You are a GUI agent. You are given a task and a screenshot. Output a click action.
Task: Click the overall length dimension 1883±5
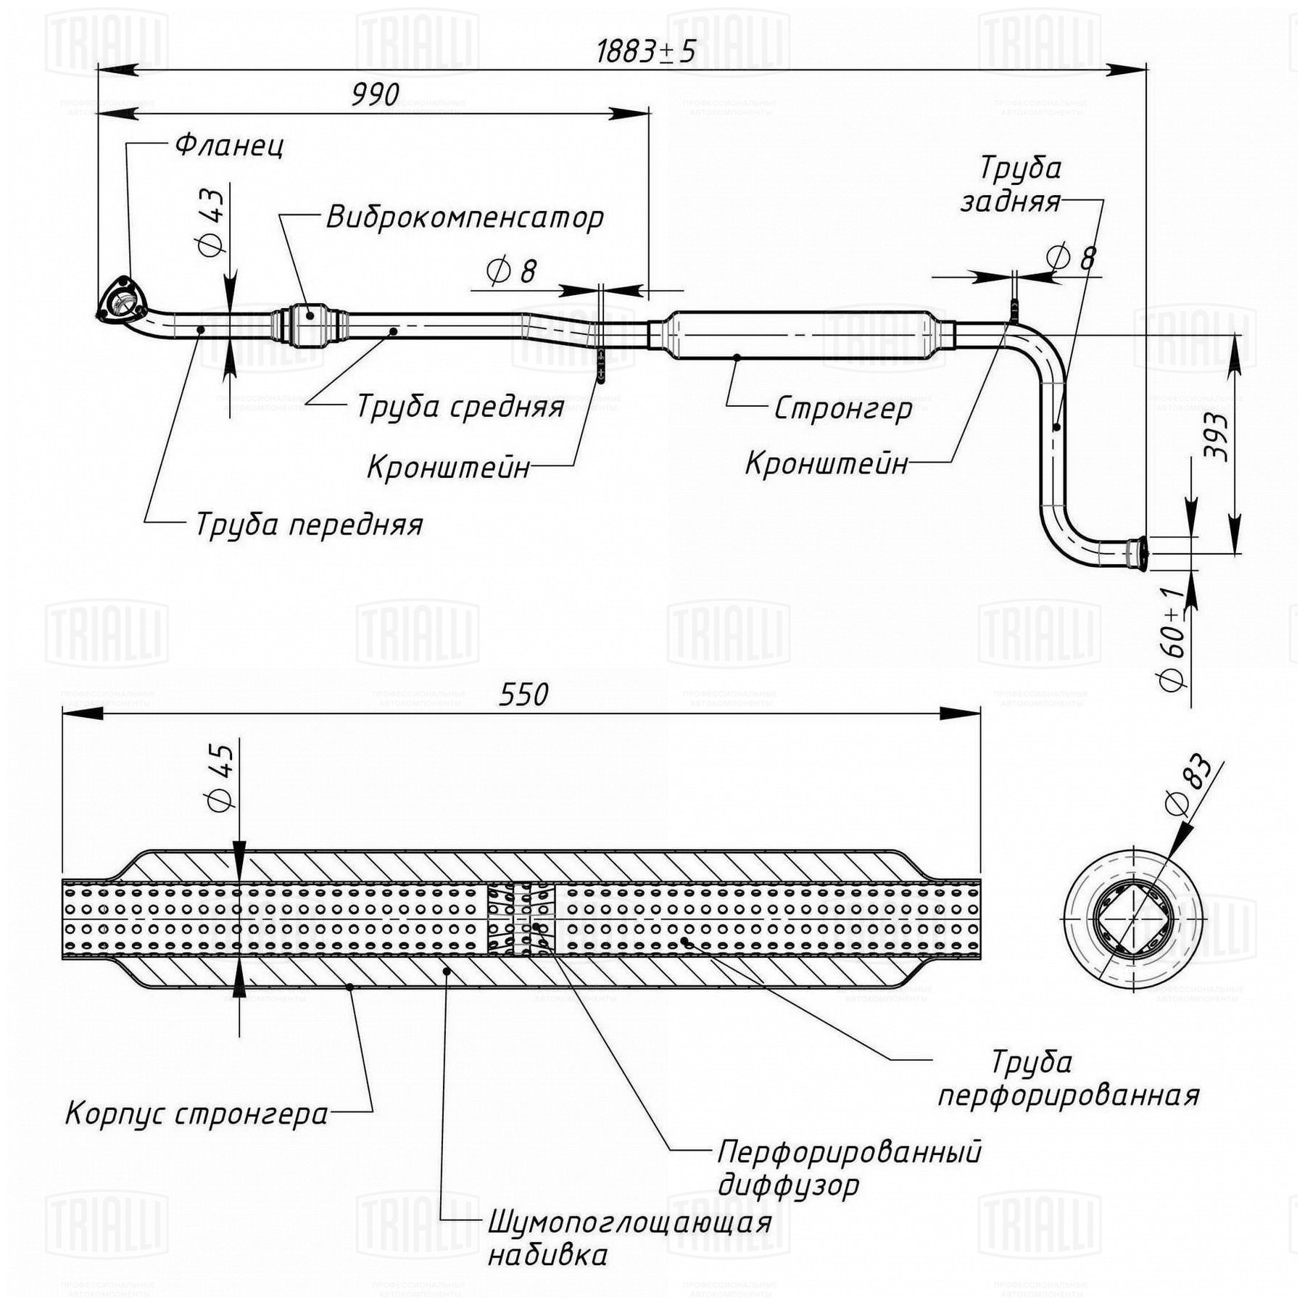coord(645,51)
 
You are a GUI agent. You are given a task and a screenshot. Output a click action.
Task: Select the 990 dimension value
coord(376,95)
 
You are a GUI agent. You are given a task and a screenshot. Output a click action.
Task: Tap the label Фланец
coord(229,146)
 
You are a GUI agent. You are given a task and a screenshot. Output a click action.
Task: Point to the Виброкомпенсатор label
coord(465,217)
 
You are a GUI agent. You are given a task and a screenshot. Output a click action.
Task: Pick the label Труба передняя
coord(309,524)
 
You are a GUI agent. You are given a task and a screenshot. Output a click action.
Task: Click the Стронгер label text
coord(843,409)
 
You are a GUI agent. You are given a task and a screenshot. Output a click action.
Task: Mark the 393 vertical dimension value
coord(1216,437)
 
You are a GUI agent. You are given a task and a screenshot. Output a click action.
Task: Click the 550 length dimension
coord(523,695)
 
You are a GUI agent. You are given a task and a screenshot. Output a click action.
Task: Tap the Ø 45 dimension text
coord(220,779)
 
